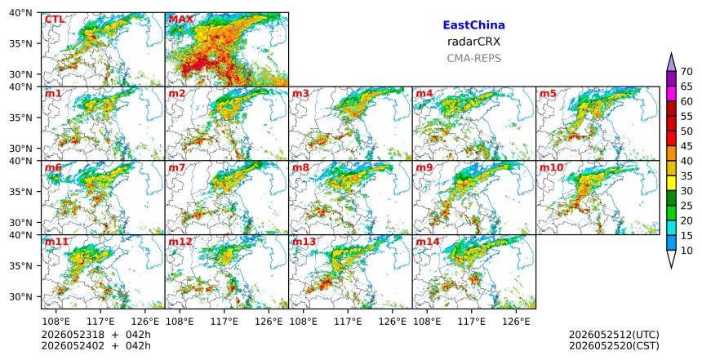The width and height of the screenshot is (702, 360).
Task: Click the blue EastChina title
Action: click(x=473, y=25)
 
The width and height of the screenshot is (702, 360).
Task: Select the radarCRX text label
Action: click(x=473, y=42)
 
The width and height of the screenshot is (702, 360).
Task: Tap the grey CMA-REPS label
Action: click(x=473, y=58)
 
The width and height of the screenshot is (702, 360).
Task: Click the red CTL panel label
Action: click(x=55, y=20)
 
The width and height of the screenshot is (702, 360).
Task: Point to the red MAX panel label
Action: click(x=181, y=20)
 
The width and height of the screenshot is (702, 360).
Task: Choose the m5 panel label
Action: click(x=548, y=94)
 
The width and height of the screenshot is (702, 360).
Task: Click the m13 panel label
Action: click(x=304, y=242)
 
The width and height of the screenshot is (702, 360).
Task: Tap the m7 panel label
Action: click(x=177, y=167)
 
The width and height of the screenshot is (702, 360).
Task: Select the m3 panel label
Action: click(x=300, y=94)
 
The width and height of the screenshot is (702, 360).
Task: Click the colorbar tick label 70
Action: click(x=686, y=72)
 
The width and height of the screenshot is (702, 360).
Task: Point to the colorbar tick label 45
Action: click(x=686, y=146)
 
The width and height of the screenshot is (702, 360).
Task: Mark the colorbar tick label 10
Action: click(x=686, y=251)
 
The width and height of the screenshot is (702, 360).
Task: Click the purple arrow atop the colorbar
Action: click(x=671, y=63)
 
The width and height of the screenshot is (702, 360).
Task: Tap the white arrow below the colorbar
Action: click(x=671, y=259)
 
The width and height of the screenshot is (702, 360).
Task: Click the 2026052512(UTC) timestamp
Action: click(x=614, y=335)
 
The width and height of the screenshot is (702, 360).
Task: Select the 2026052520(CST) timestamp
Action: click(x=614, y=345)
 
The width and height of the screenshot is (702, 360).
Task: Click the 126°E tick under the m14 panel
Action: click(x=516, y=322)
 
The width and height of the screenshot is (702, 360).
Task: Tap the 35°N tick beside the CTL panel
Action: click(x=20, y=43)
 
